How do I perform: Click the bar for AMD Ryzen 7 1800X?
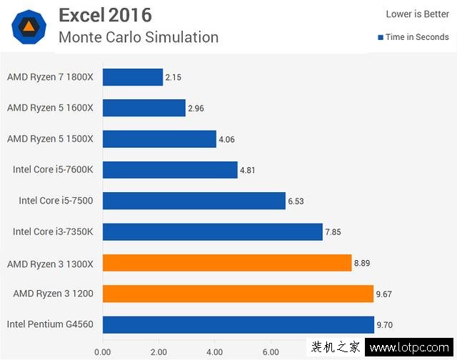pyautogui.click(x=133, y=76)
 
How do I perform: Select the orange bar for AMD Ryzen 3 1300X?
pyautogui.click(x=227, y=263)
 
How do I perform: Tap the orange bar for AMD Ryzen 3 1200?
pyautogui.click(x=238, y=294)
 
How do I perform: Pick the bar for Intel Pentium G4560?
pyautogui.click(x=238, y=324)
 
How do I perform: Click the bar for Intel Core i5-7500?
pyautogui.click(x=194, y=201)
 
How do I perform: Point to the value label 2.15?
pyautogui.click(x=173, y=76)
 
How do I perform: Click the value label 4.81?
pyautogui.click(x=248, y=170)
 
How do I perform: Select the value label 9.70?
pyautogui.click(x=385, y=325)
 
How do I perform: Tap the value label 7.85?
pyautogui.click(x=334, y=232)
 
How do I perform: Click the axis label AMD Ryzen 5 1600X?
pyautogui.click(x=50, y=108)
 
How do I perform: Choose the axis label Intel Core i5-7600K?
pyautogui.click(x=53, y=170)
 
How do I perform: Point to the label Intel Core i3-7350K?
pyautogui.click(x=53, y=232)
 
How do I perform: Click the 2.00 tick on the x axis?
pyautogui.click(x=158, y=351)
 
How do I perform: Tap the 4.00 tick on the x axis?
pyautogui.click(x=214, y=351)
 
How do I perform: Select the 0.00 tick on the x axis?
pyautogui.click(x=102, y=351)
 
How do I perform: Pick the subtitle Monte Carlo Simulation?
pyautogui.click(x=139, y=36)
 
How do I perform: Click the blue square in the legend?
pyautogui.click(x=381, y=37)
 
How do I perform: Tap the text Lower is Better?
pyautogui.click(x=418, y=14)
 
